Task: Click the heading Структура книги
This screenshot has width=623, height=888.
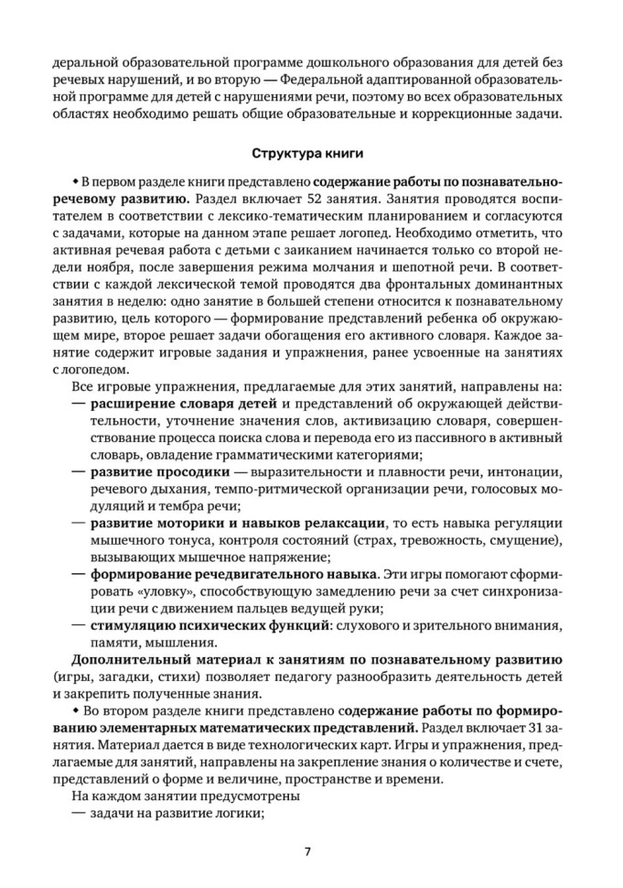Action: (310, 152)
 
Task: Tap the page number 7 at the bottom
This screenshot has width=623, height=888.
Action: (309, 850)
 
